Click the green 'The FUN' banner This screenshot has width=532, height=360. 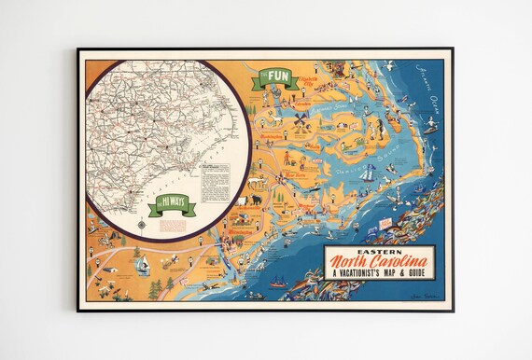coord(278,76)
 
